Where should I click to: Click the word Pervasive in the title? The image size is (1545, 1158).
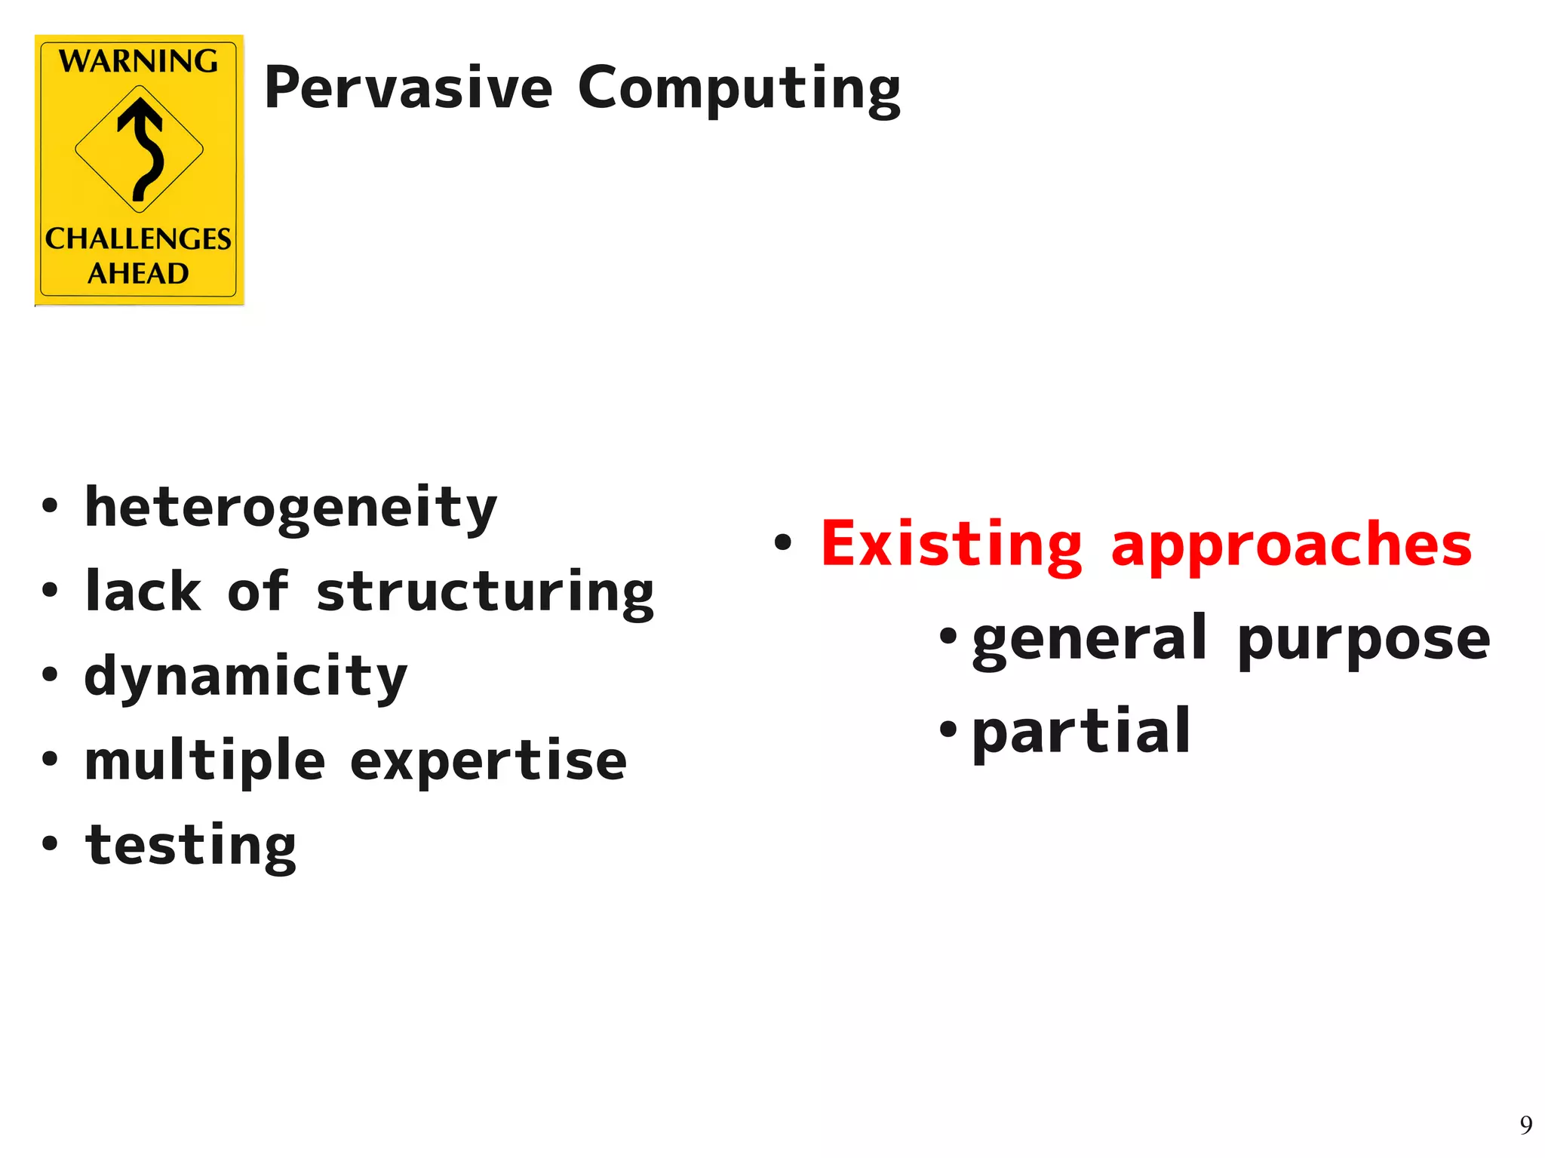click(x=408, y=88)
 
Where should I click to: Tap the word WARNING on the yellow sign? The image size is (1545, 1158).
click(x=139, y=61)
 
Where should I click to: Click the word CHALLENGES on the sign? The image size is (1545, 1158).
click(x=138, y=239)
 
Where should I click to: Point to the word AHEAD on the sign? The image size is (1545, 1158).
click(x=138, y=273)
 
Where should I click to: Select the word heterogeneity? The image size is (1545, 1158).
click(x=290, y=508)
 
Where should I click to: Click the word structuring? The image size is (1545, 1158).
click(x=484, y=592)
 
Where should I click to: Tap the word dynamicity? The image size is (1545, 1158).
click(x=246, y=677)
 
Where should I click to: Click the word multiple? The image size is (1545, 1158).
click(x=204, y=761)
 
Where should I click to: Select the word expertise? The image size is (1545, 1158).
click(x=488, y=761)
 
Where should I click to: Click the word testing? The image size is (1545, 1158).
click(x=191, y=846)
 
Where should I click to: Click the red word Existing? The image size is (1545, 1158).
click(x=951, y=545)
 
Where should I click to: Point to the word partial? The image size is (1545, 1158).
click(x=1080, y=732)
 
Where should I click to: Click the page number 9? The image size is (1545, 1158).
click(x=1525, y=1125)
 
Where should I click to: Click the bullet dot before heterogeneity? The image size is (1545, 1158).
click(x=50, y=506)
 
